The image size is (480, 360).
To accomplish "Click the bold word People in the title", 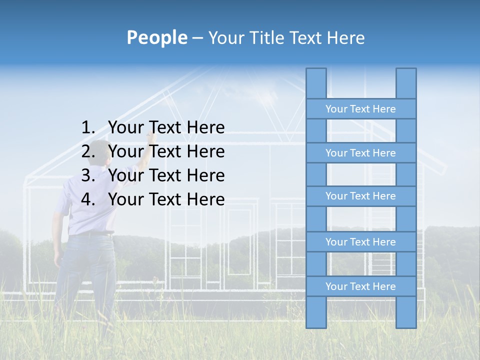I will pyautogui.click(x=156, y=37).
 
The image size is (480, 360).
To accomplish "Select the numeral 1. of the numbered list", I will pyautogui.click(x=88, y=128).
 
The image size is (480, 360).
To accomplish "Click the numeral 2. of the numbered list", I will pyautogui.click(x=88, y=151).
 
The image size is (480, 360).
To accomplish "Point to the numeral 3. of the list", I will pyautogui.click(x=88, y=175).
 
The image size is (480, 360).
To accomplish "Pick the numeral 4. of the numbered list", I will pyautogui.click(x=88, y=199).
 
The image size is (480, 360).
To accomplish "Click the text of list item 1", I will pyautogui.click(x=166, y=128).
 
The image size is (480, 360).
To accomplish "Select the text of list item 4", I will pyautogui.click(x=166, y=199).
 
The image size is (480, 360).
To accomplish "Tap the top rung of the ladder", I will pyautogui.click(x=360, y=109).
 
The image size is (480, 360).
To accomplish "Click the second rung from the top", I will pyautogui.click(x=360, y=153).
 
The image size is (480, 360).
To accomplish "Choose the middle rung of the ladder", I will pyautogui.click(x=360, y=196).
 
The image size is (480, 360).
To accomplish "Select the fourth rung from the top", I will pyautogui.click(x=360, y=242).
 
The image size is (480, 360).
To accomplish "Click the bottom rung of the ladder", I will pyautogui.click(x=360, y=286).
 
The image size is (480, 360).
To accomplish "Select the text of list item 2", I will pyautogui.click(x=166, y=151).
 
